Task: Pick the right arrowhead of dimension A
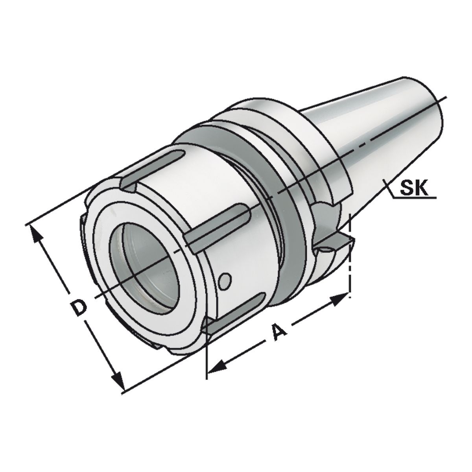tap(340, 299)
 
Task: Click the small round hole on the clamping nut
tap(225, 280)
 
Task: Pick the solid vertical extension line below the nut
tap(207, 354)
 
